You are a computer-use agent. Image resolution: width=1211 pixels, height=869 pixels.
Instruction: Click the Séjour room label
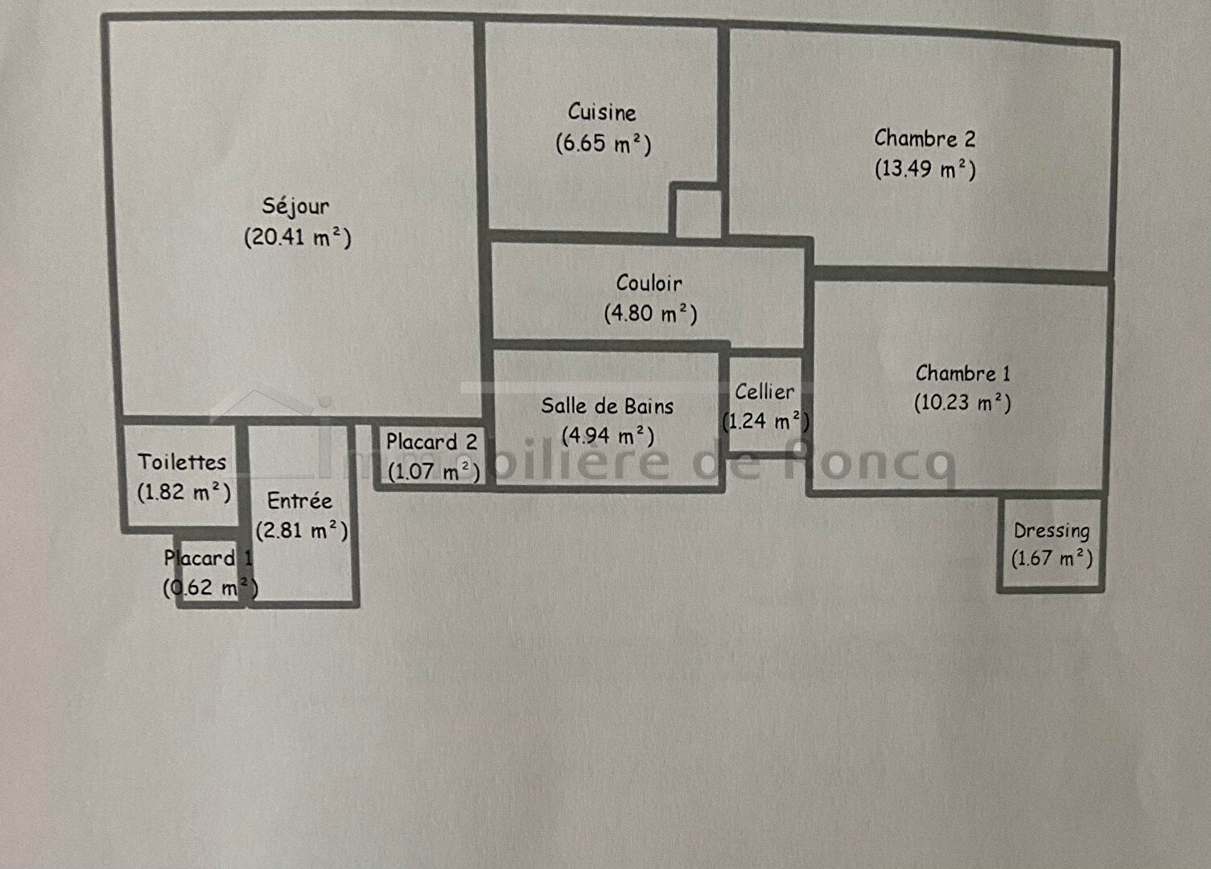coord(295,207)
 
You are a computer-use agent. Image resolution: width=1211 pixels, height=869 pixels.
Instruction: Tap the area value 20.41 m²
coord(298,238)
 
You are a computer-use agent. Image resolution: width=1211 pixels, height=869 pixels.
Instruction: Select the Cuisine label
coord(602,113)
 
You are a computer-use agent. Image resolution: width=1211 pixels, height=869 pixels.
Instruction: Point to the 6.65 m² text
coord(603,143)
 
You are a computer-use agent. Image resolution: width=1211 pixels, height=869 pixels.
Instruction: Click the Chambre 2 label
coord(925,139)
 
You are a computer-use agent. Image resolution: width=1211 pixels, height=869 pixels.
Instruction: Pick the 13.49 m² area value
coord(925,169)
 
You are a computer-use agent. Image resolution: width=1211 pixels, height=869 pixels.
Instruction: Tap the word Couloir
coord(649,283)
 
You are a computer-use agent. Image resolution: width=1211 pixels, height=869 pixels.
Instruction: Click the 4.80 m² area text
coord(650,313)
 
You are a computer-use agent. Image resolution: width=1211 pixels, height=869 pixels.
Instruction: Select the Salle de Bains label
coord(607,406)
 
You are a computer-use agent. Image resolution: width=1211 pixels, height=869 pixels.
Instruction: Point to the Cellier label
coord(764,392)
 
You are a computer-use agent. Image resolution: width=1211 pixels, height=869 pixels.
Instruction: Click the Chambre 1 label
coord(962,374)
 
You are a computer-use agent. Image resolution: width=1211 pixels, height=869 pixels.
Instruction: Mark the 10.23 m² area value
coord(962,403)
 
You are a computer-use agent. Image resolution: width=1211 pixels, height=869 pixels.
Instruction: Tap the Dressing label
coord(1052,531)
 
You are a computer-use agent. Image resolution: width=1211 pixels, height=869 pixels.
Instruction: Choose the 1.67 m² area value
coord(1052,558)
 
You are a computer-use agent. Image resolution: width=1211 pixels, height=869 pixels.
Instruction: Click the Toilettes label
coord(182,462)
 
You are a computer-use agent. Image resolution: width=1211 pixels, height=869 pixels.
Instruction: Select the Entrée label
coord(299,501)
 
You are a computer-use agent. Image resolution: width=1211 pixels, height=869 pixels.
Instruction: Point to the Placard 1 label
coord(208,558)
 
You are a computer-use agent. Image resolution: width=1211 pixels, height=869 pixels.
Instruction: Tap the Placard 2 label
coord(431,442)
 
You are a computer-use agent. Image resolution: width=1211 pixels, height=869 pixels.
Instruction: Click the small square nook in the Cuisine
coord(697,212)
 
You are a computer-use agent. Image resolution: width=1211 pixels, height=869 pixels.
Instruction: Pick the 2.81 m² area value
coord(302,531)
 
